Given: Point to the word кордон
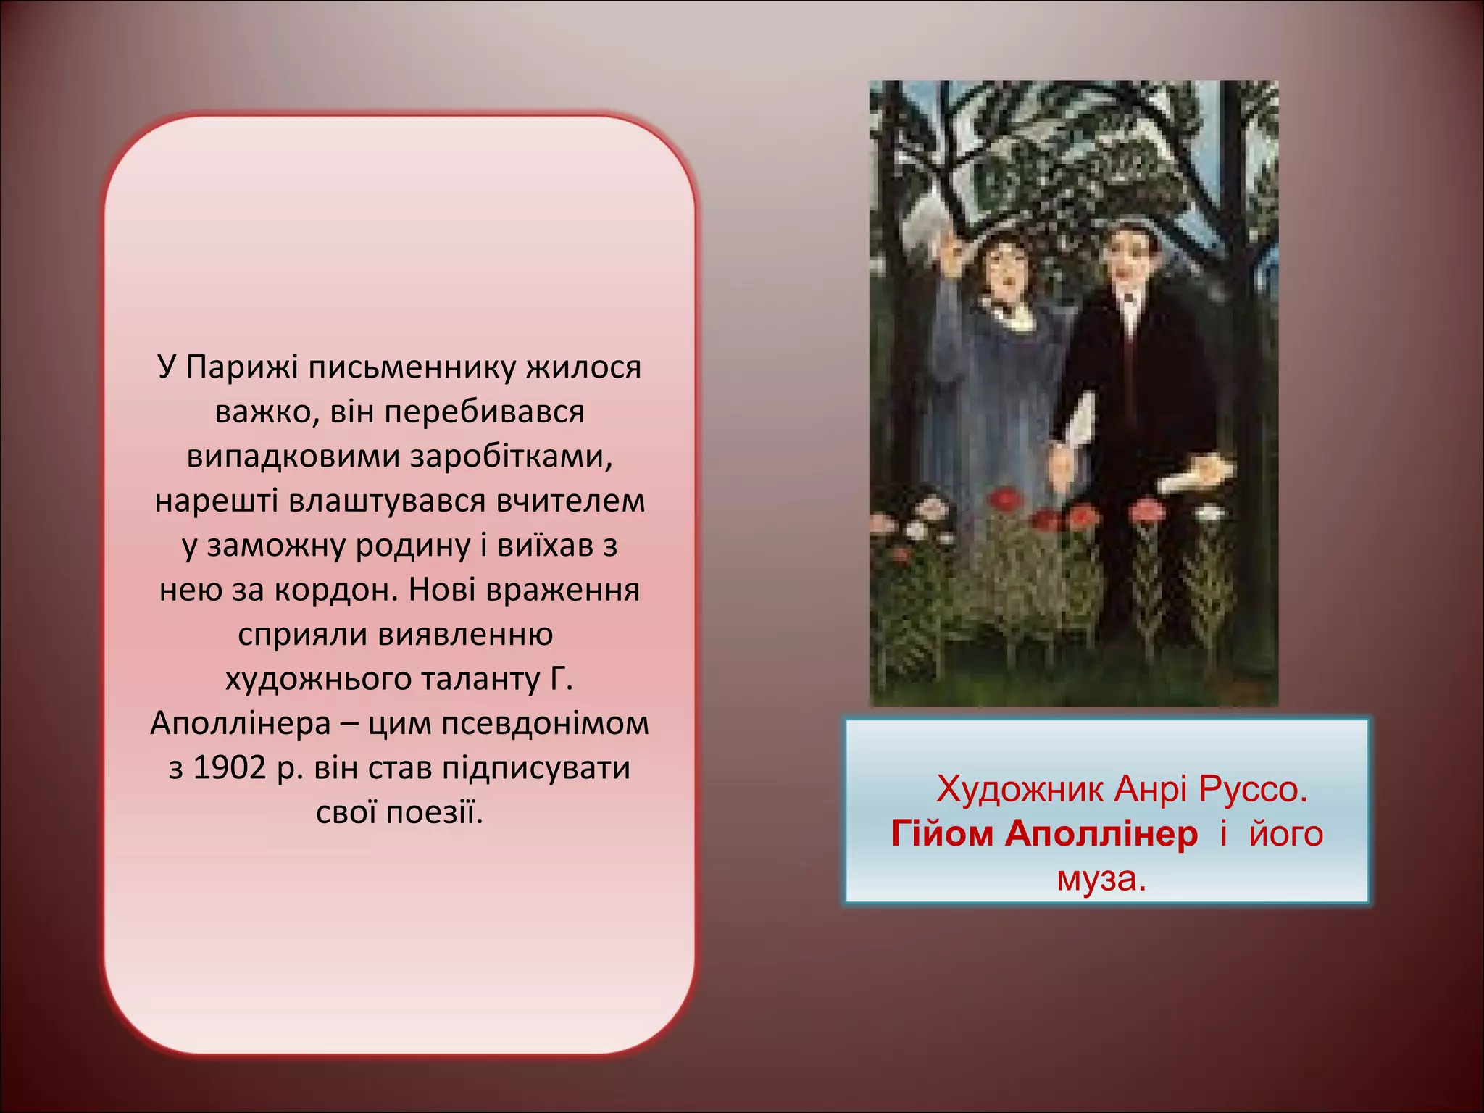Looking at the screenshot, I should tap(336, 591).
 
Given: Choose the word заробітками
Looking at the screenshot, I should tap(512, 457).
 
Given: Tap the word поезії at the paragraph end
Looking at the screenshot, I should tap(434, 812).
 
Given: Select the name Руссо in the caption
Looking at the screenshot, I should tap(1253, 789).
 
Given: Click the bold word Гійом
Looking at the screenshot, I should tap(942, 834).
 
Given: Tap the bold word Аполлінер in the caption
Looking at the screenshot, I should tap(1101, 834).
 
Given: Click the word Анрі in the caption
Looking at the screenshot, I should tap(1151, 789).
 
